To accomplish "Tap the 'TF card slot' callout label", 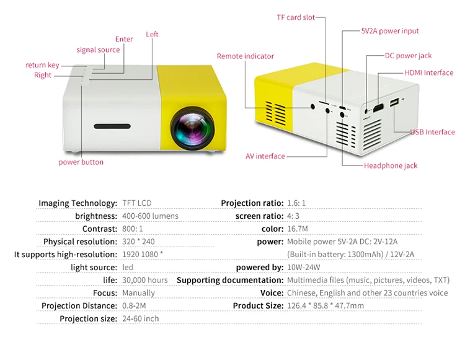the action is pyautogui.click(x=296, y=17).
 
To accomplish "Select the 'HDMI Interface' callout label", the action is pyautogui.click(x=429, y=72).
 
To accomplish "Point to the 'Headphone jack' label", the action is pyautogui.click(x=391, y=165).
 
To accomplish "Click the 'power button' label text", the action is pyautogui.click(x=81, y=162).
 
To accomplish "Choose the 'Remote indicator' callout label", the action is pyautogui.click(x=245, y=56).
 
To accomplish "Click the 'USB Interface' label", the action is pyautogui.click(x=432, y=132).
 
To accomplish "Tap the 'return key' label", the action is pyautogui.click(x=42, y=65).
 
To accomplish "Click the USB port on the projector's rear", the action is pyautogui.click(x=393, y=103).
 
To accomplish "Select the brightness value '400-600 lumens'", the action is pyautogui.click(x=150, y=216).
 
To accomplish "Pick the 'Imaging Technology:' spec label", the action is pyautogui.click(x=77, y=203).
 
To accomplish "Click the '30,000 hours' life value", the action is pyautogui.click(x=145, y=280).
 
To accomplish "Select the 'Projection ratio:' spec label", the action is pyautogui.click(x=252, y=203).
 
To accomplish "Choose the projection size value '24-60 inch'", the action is pyautogui.click(x=141, y=318).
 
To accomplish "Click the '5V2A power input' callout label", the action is pyautogui.click(x=390, y=31).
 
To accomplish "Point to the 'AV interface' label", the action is pyautogui.click(x=261, y=156).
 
